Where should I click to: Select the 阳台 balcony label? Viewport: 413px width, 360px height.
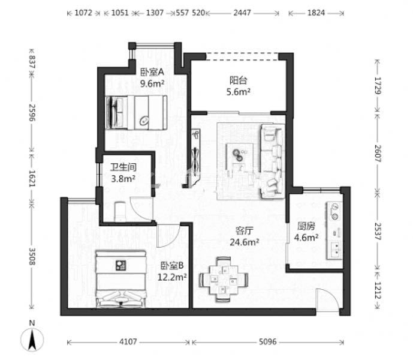point(238,80)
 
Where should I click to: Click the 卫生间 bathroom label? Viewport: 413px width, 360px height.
point(123,167)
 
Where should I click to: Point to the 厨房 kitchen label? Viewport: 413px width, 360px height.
point(306,226)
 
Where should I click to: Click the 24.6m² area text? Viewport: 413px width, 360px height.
point(244,242)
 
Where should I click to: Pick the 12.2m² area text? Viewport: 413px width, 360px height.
point(172,277)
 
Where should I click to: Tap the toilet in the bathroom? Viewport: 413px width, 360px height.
point(120,212)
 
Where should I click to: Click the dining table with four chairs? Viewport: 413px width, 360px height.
point(224,279)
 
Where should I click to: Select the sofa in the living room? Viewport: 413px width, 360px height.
point(272,161)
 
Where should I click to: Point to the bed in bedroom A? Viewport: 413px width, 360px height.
point(136,112)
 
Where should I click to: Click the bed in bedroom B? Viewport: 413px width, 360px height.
point(120,279)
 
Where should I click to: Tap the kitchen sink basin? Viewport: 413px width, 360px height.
point(334,250)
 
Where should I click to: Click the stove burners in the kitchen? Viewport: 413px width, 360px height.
point(334,211)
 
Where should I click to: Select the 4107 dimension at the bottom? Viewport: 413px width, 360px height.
point(128,342)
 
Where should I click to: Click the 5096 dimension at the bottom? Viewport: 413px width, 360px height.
point(267,342)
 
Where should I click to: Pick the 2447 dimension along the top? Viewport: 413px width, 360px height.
point(242,13)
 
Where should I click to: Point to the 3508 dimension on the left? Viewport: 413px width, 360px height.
point(32,256)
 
